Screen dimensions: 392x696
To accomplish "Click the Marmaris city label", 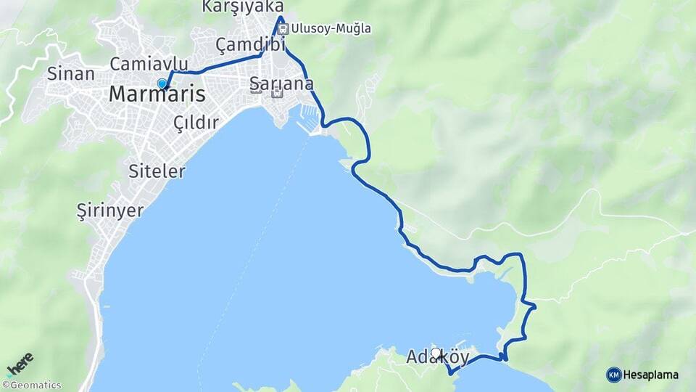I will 157,95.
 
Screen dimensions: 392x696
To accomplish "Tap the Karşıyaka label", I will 242,7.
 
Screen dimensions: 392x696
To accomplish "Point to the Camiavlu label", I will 144,64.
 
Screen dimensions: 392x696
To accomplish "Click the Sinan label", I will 70,73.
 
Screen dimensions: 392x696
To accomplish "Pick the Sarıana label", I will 281,83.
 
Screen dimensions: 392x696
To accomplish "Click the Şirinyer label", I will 110,210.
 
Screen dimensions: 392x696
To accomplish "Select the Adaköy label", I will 437,358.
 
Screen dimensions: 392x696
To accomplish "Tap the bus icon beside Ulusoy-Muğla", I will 283,29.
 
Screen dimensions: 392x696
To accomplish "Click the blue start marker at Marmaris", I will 162,83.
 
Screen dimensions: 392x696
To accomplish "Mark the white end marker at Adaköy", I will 436,354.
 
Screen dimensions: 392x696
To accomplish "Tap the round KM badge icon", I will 613,375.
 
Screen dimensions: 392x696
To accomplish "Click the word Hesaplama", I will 650,375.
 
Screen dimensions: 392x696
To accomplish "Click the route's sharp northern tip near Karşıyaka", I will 281,16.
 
